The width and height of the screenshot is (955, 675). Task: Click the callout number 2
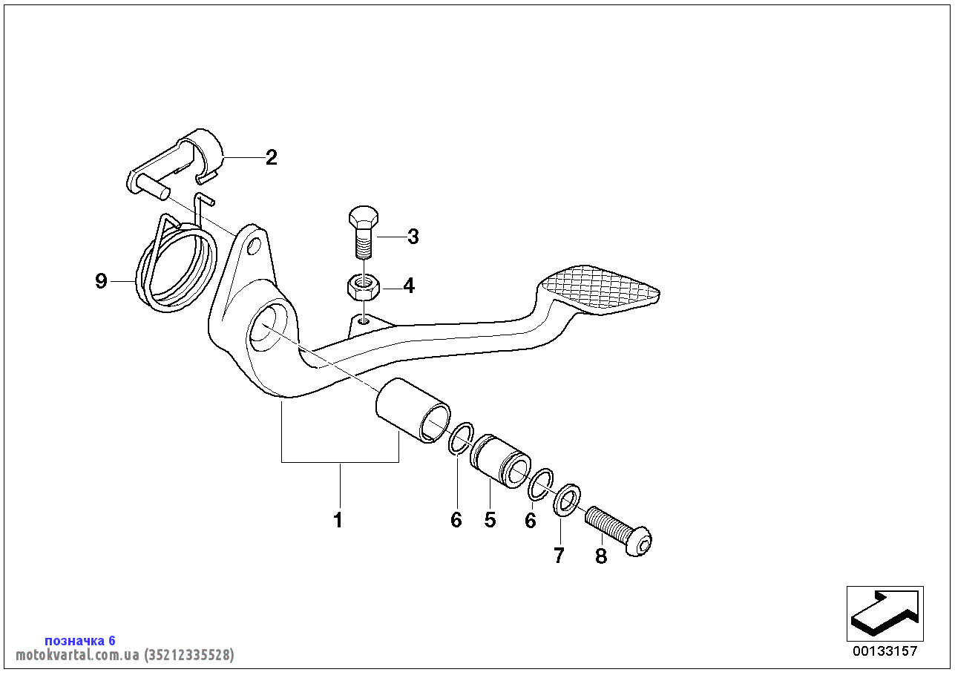click(272, 157)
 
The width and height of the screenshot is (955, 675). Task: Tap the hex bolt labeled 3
click(363, 231)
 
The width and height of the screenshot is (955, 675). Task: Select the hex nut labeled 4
click(363, 285)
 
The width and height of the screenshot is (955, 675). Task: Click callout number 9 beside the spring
click(102, 281)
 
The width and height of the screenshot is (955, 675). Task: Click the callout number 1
click(338, 520)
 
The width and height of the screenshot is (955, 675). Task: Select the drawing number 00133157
click(885, 651)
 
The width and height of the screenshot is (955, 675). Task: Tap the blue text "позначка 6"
click(80, 640)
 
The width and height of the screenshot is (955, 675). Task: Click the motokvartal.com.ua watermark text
click(125, 655)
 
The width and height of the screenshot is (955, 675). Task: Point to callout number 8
click(600, 556)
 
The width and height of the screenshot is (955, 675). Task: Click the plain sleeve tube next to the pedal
click(413, 412)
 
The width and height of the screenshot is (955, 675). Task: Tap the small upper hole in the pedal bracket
click(255, 244)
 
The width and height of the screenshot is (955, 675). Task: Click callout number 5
click(490, 520)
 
